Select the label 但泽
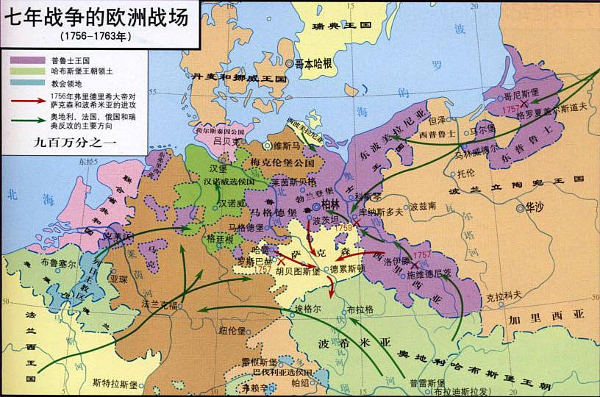coord(437,118)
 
